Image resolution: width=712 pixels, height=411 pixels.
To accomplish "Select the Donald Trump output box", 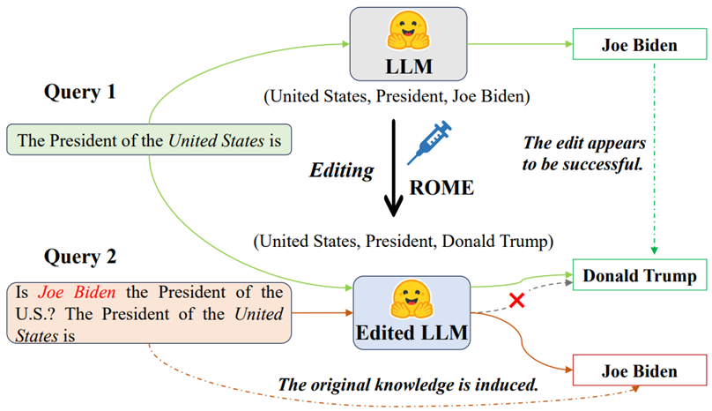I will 639,276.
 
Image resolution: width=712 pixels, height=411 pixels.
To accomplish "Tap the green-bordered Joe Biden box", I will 639,46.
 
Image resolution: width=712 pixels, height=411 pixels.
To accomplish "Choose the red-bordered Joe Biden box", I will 639,371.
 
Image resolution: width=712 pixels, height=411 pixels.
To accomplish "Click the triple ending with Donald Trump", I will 402,239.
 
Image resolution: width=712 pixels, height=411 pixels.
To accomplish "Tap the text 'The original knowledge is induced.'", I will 408,385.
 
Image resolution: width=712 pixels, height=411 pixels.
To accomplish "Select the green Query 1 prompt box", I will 149,139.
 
